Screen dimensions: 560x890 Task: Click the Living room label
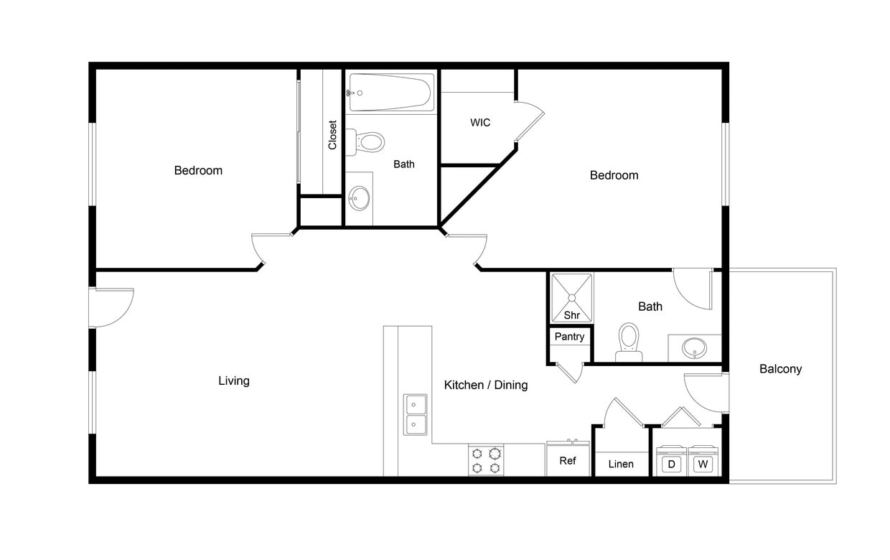click(x=234, y=381)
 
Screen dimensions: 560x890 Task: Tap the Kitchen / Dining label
click(x=486, y=385)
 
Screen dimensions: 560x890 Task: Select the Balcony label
click(x=780, y=369)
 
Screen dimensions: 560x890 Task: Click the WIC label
click(x=480, y=123)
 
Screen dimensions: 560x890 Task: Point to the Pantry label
click(x=570, y=337)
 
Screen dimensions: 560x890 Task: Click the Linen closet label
click(x=621, y=465)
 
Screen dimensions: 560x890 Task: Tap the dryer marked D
click(x=672, y=463)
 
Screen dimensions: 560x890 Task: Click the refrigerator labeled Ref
click(x=568, y=459)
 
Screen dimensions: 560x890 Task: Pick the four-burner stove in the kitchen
click(x=486, y=460)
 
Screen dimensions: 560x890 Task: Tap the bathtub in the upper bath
click(x=391, y=93)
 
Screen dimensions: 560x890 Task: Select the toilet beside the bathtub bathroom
click(x=368, y=141)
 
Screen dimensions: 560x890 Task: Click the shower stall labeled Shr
click(x=571, y=297)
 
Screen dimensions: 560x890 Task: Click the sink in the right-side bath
click(x=694, y=348)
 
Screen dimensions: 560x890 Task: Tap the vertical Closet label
click(x=332, y=134)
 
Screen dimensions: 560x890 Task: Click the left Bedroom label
click(x=198, y=170)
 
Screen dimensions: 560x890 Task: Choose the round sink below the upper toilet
click(x=359, y=197)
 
